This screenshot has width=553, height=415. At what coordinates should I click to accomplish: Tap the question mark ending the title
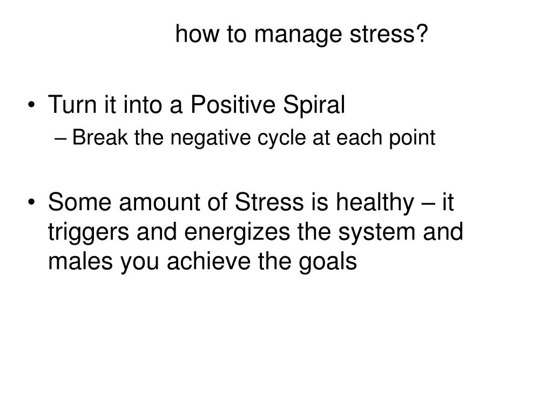tap(421, 33)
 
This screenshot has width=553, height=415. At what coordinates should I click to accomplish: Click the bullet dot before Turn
tap(32, 105)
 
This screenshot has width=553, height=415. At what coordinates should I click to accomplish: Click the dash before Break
tap(60, 138)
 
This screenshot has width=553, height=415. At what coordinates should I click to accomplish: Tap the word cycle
tap(281, 138)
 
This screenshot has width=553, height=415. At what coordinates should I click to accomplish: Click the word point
tap(412, 138)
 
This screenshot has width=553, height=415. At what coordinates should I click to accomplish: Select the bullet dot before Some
tap(32, 203)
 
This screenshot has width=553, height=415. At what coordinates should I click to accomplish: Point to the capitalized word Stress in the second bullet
tap(269, 202)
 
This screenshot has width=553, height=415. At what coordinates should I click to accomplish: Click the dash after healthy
tap(428, 204)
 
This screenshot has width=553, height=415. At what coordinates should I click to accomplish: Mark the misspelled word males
tap(80, 262)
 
